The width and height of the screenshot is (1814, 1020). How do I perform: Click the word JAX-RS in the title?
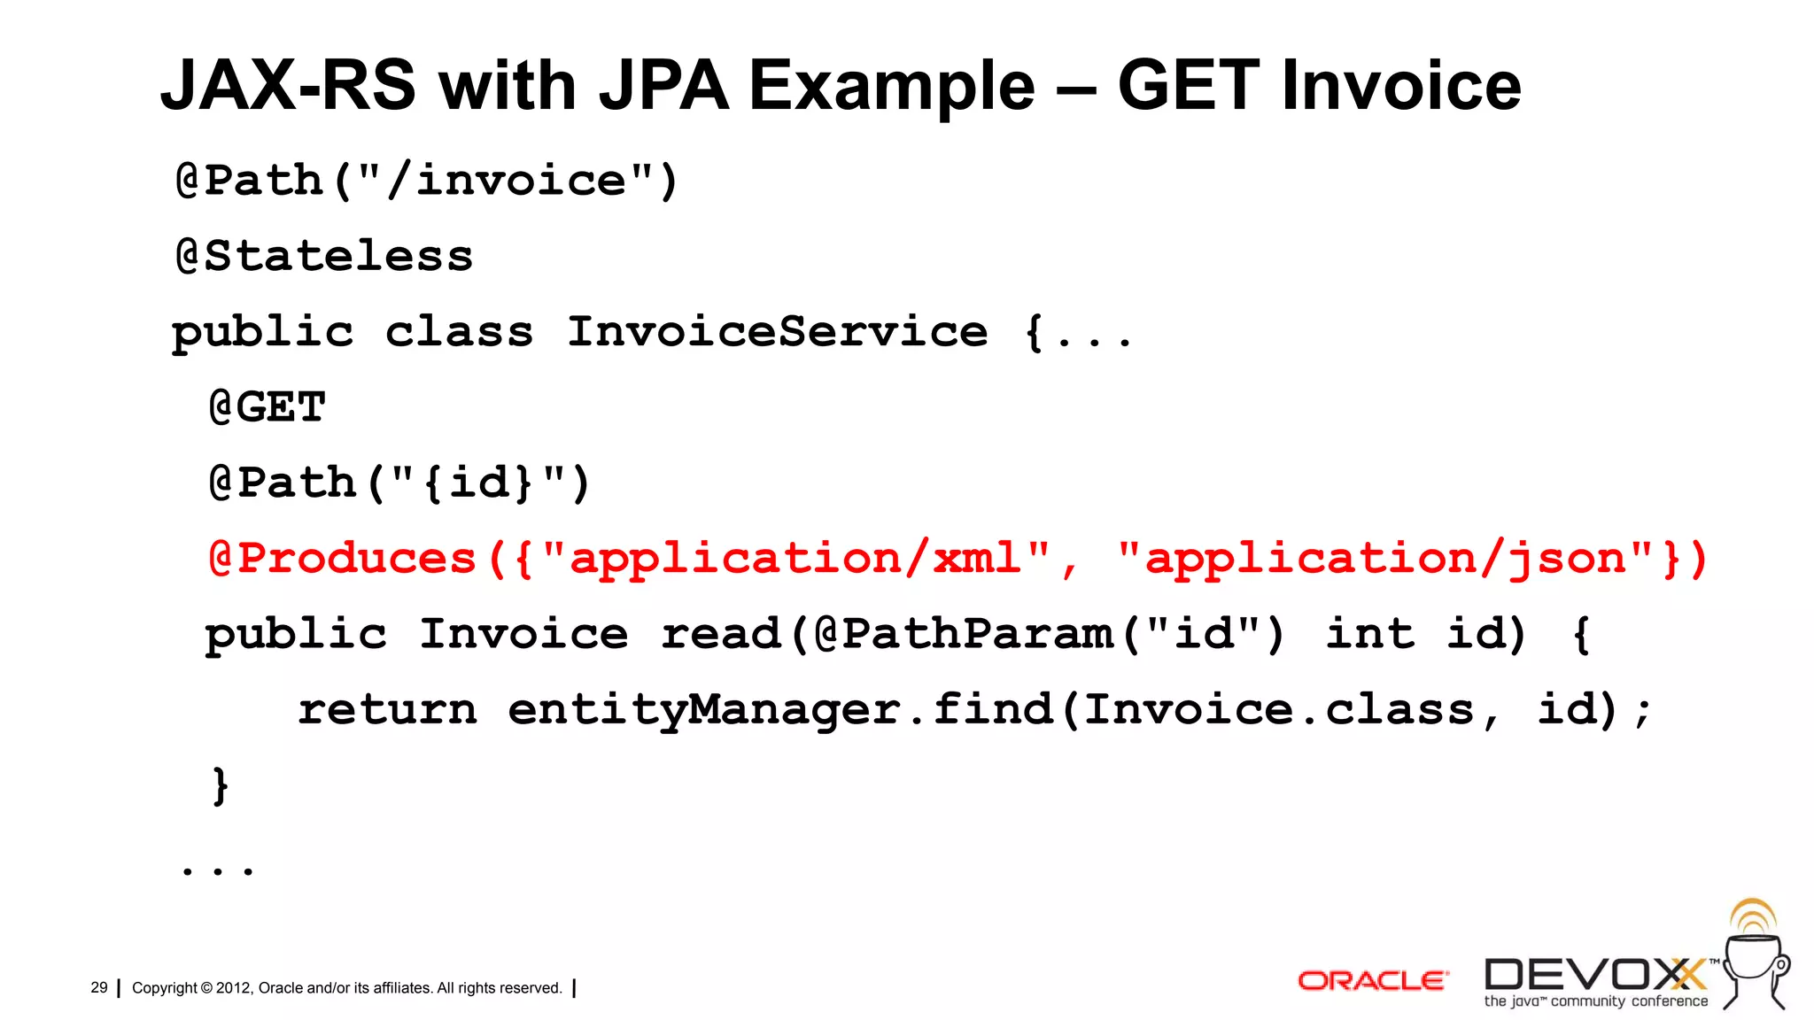pos(288,86)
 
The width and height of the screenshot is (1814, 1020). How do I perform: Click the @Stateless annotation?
pos(324,256)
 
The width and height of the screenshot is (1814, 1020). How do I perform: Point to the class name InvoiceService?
pos(777,332)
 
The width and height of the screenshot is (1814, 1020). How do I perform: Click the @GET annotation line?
pos(267,407)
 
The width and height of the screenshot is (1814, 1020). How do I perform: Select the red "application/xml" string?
pos(796,559)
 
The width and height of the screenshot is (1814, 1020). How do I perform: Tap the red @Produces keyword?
pos(343,559)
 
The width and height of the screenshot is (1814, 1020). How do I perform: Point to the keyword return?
pos(387,709)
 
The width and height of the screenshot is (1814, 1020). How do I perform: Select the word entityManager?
pos(704,709)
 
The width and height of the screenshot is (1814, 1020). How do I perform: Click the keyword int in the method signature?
pos(1369,634)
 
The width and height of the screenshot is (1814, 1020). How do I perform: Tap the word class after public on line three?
pos(459,332)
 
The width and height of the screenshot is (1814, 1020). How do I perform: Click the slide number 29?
pos(99,987)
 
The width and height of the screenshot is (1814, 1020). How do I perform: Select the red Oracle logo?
pos(1372,980)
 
